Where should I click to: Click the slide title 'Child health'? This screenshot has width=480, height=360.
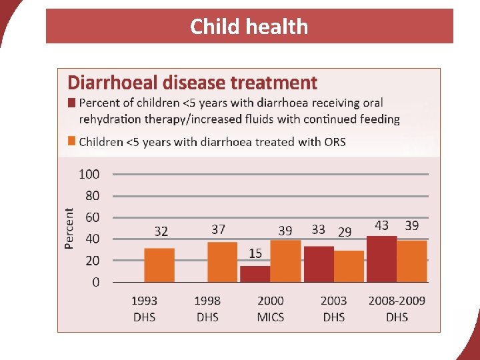point(249,27)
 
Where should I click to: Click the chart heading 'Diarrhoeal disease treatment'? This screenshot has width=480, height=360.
point(192,83)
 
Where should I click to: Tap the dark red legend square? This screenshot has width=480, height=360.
point(71,103)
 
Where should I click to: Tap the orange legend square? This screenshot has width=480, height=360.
point(71,141)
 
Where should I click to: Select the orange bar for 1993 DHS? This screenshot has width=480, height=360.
point(159,265)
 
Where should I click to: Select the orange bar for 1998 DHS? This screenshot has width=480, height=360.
point(222,262)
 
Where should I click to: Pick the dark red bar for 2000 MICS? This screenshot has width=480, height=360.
point(255,274)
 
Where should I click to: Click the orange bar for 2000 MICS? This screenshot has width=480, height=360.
point(285,261)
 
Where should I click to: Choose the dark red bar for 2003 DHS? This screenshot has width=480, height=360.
point(319,264)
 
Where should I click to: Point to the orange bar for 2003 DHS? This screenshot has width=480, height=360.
point(349,266)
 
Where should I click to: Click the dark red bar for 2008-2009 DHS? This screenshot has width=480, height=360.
point(381,259)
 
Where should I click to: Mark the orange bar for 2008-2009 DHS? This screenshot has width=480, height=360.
point(412,261)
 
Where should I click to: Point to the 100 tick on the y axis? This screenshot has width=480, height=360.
point(89,174)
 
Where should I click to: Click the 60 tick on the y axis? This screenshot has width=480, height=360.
point(92,217)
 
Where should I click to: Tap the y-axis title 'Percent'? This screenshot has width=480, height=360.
point(69,228)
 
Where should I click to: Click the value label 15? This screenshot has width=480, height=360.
point(255,253)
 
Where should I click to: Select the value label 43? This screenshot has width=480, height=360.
point(381,225)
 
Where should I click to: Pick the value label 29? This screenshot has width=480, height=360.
point(345,232)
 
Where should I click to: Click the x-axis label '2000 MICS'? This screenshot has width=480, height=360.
point(270,309)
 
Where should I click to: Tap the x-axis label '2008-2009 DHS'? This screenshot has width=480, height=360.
point(397,309)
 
